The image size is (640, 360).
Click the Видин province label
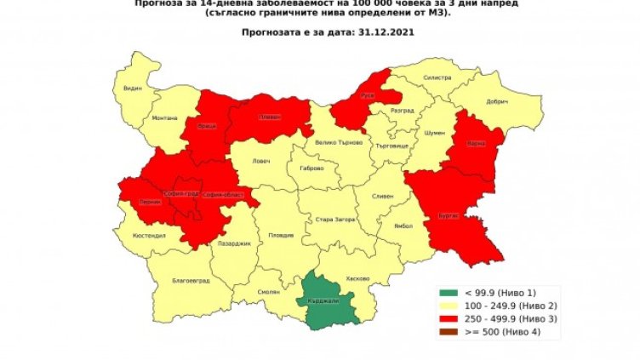tap(131, 88)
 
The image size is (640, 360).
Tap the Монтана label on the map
tap(165, 118)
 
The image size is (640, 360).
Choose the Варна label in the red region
tap(475, 144)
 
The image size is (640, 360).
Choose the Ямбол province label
tap(392, 226)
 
